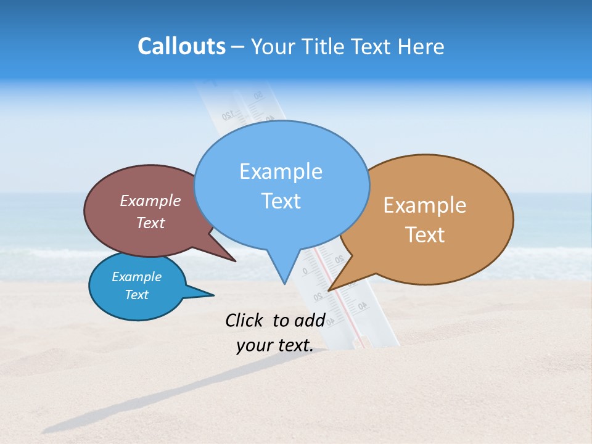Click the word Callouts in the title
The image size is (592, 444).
(181, 46)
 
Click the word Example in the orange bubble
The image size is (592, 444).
(425, 205)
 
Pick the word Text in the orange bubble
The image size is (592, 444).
(425, 235)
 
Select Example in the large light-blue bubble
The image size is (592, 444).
(281, 171)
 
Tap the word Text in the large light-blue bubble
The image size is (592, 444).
(281, 201)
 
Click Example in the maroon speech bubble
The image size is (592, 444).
(150, 200)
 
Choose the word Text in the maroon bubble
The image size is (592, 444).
(150, 223)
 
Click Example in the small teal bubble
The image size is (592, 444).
(136, 277)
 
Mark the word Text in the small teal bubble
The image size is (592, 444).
(136, 295)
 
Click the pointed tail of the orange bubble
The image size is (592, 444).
(330, 289)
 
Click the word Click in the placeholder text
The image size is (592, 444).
(245, 320)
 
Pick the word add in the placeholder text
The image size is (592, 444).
(311, 320)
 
